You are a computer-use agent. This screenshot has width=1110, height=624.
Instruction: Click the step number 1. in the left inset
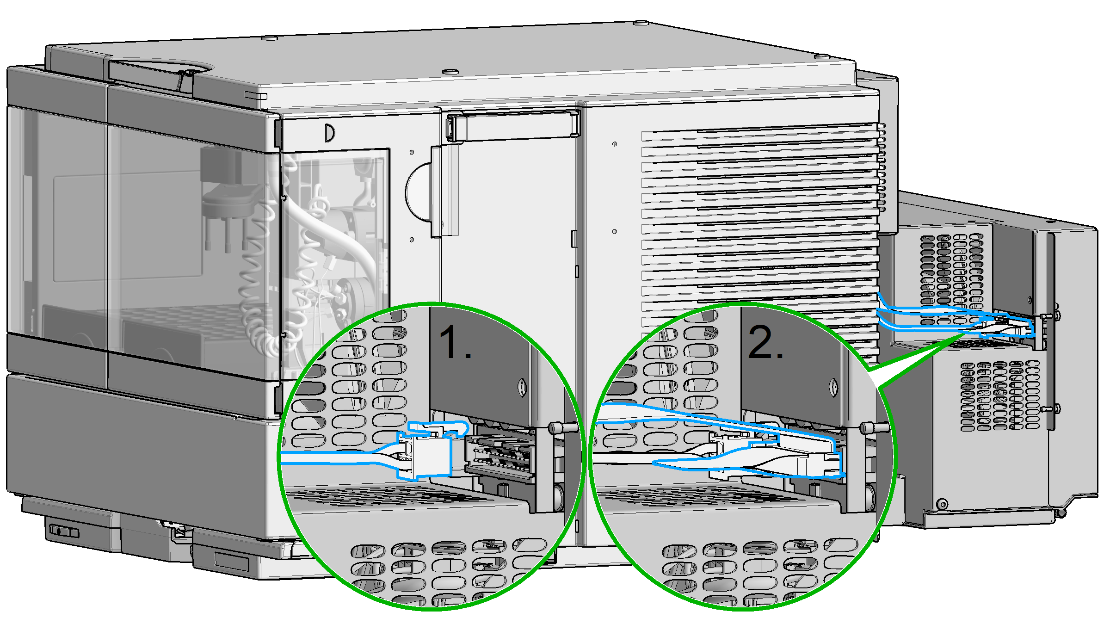tap(455, 342)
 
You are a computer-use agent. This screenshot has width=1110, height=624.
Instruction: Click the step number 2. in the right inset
tap(765, 342)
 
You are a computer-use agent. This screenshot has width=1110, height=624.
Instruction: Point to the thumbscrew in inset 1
tap(562, 428)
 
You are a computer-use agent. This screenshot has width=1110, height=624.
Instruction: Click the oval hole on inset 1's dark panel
tap(523, 388)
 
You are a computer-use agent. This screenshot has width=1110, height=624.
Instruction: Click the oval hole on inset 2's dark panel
tap(834, 388)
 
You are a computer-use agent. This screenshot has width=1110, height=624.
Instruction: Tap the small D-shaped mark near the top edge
tap(329, 133)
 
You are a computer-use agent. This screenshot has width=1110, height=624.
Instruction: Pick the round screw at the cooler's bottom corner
tap(942, 504)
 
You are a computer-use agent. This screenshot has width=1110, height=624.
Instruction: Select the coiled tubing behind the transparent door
tap(259, 296)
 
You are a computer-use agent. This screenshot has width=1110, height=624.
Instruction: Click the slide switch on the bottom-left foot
tap(64, 531)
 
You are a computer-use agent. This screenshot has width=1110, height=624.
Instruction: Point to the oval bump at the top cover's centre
tap(450, 72)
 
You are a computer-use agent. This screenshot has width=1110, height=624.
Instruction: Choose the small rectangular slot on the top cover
tap(256, 96)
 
